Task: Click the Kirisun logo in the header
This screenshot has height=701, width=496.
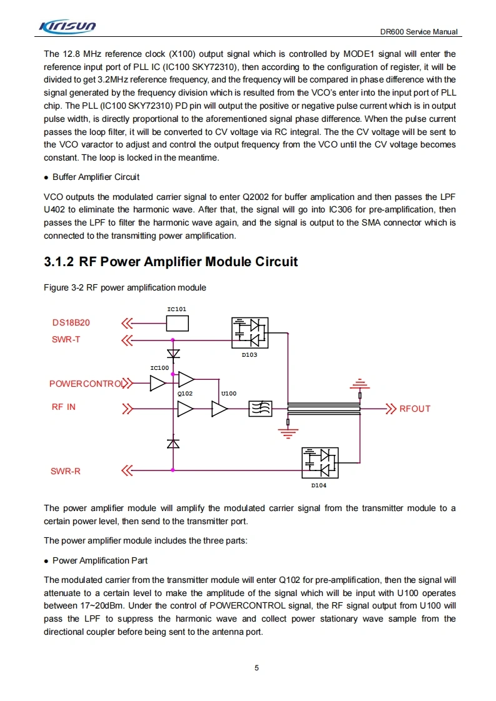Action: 68,26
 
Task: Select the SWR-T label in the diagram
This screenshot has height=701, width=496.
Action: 66,340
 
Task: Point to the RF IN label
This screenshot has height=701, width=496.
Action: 63,407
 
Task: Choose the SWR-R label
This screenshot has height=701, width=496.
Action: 66,471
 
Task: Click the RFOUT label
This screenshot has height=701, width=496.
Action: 415,409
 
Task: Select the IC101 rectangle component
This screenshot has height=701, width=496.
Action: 177,323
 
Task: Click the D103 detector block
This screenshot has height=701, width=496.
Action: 250,333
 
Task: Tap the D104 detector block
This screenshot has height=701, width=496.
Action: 320,463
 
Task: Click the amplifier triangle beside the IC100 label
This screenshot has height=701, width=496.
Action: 158,383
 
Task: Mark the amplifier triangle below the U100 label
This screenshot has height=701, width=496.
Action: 220,409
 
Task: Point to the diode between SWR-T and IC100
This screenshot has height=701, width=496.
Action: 173,354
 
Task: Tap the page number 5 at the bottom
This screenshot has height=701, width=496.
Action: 256,667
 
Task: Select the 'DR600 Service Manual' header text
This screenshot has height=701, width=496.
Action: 418,32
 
